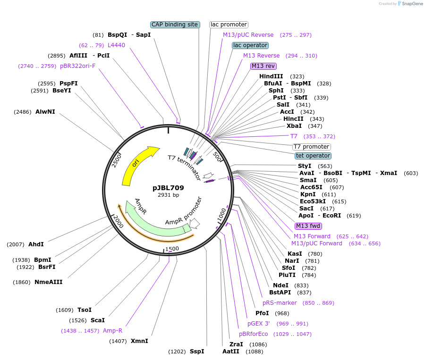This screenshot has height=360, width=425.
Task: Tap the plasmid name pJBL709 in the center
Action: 168,187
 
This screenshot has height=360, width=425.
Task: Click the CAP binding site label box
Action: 175,25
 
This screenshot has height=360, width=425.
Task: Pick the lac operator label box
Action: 250,45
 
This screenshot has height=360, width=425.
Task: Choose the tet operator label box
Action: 313,156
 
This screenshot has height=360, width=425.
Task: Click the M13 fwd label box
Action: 308,226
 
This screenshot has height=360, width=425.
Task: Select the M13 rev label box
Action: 263,66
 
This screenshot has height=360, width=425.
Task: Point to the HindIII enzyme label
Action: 271,76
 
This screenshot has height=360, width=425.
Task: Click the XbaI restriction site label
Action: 294,126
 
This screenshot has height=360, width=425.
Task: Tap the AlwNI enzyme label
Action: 45,112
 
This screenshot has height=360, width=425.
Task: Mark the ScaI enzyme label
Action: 98,320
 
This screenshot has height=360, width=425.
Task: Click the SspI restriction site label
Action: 197,352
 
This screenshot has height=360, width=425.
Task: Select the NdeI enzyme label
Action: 280,285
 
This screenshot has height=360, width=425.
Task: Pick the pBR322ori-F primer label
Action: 77,66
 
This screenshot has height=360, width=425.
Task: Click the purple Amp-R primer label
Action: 112,331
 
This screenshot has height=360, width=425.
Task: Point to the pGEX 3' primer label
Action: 259,324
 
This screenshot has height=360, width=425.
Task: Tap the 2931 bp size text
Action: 168,195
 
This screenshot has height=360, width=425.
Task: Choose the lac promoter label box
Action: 229,25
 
